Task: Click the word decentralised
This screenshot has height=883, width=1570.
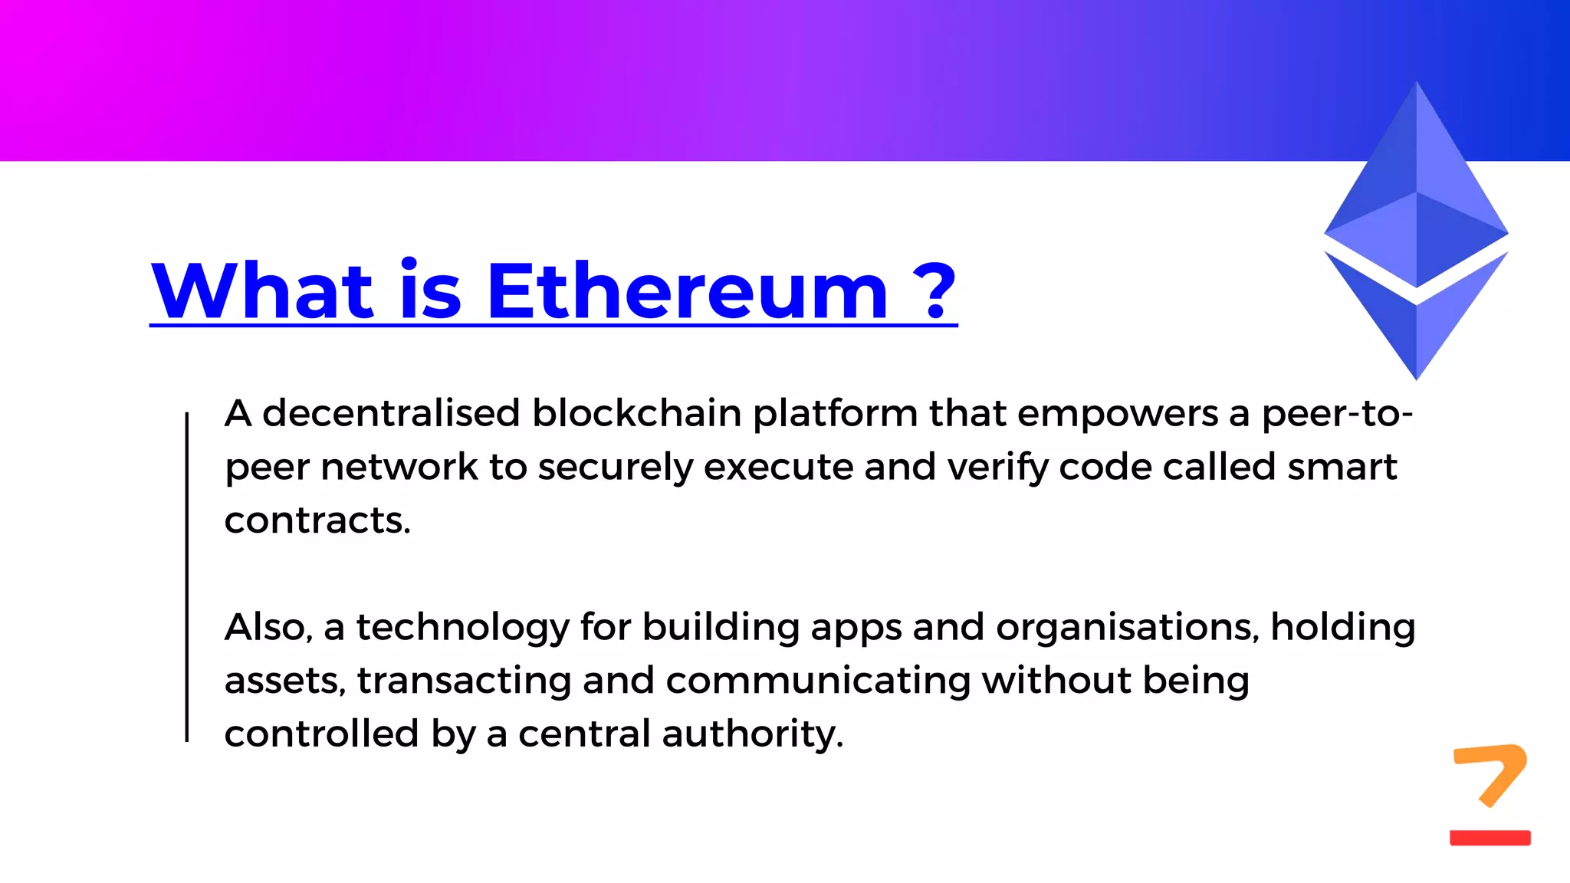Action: (x=392, y=413)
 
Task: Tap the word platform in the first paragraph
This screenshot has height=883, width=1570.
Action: (x=835, y=415)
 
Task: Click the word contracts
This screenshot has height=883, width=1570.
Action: (x=317, y=520)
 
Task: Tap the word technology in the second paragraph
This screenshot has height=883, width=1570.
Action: (x=463, y=628)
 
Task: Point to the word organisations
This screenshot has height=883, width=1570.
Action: (x=1127, y=628)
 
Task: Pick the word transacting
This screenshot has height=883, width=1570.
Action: (x=464, y=681)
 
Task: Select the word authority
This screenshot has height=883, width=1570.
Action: (x=752, y=734)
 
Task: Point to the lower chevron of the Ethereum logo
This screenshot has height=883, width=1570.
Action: (x=1416, y=322)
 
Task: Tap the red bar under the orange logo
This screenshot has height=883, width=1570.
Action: (x=1490, y=838)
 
